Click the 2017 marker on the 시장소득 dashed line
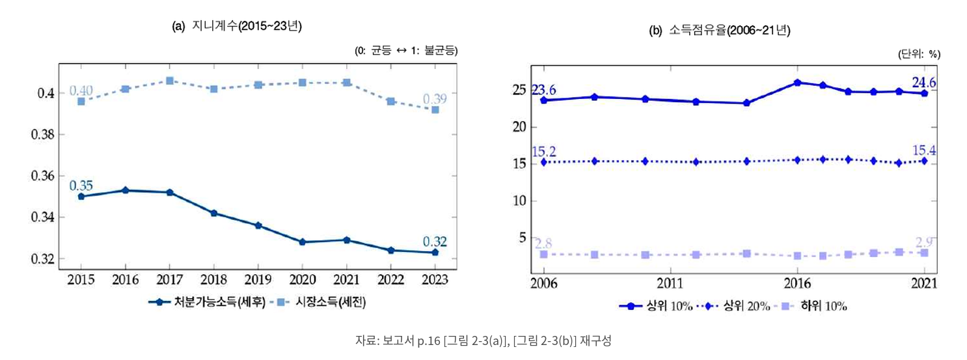170,81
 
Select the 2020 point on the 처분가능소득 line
302,242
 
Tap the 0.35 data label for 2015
81,186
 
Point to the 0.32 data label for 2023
435,242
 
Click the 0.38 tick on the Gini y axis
43,135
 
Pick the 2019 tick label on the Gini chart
258,280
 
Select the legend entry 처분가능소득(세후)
207,302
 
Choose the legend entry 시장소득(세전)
318,302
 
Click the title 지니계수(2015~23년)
237,26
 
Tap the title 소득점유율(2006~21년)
720,31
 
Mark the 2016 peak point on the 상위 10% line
797,83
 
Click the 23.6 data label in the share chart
543,90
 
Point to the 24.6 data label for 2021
924,83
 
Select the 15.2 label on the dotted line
544,152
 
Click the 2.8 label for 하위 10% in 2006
543,243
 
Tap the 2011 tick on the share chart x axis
670,283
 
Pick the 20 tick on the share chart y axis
519,127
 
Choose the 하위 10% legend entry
811,306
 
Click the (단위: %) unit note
919,54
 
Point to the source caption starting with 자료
483,340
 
